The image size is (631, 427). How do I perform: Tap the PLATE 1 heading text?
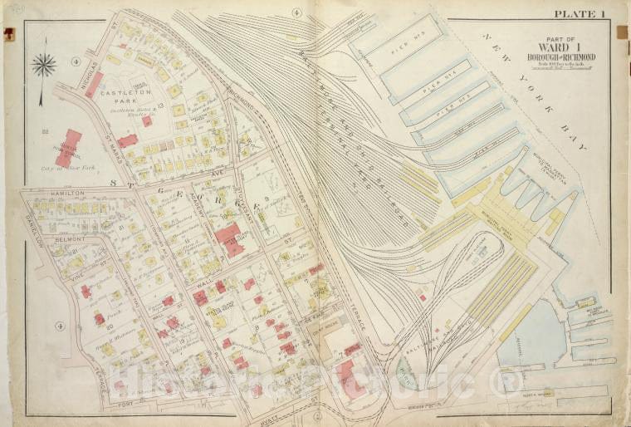pos(581,14)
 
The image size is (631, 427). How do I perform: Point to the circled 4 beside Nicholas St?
pos(75,61)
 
